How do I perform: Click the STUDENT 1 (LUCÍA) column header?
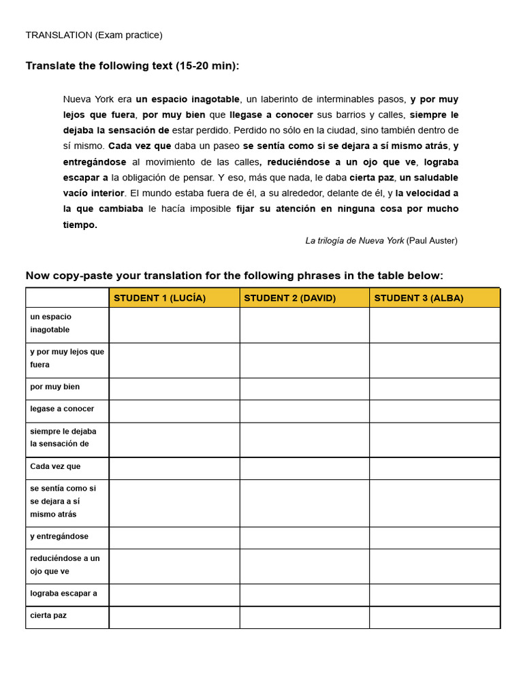(159, 298)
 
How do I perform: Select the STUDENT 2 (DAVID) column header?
(289, 298)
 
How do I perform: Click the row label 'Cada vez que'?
(55, 467)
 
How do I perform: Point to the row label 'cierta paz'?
(48, 615)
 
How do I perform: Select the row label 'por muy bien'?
(54, 387)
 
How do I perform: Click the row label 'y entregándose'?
(59, 536)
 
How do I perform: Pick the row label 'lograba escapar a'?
(63, 594)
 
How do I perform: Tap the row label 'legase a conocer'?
(62, 409)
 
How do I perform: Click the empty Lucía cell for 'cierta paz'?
(174, 617)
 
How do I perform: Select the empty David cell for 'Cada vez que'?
(304, 468)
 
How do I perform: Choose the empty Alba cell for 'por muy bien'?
(434, 389)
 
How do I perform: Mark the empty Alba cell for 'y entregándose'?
(434, 538)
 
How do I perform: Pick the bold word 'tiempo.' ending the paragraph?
(80, 225)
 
